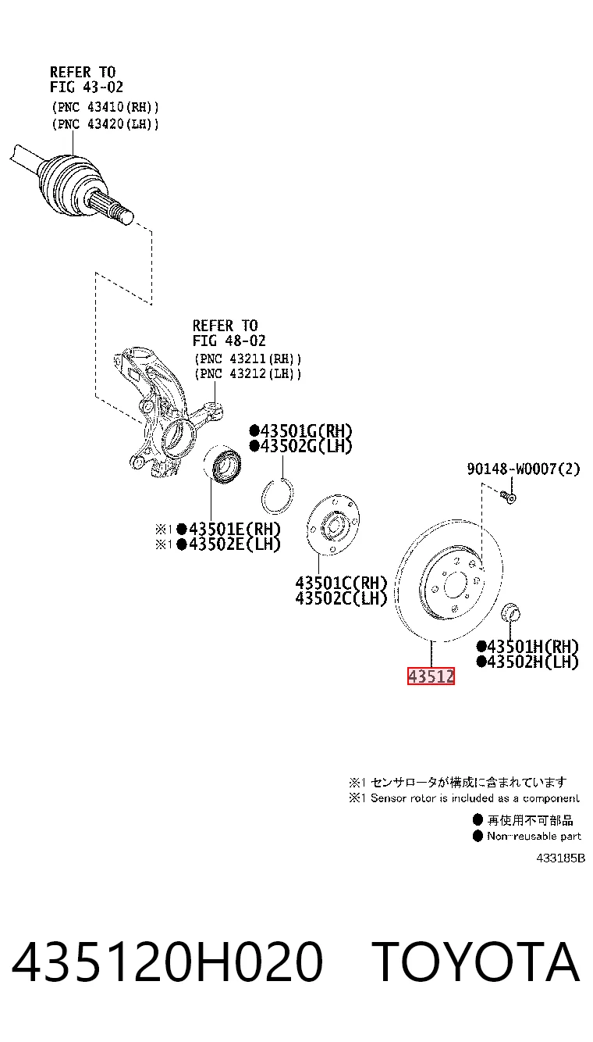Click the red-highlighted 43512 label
pos(431,676)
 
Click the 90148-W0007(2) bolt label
pos(524,469)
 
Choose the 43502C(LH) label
pos(341,598)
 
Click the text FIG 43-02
pos(87,87)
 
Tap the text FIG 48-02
pos(229,341)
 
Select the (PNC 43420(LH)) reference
pos(105,124)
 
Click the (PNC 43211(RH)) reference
pos(248,359)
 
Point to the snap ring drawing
pos(277,496)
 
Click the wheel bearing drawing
pos(222,462)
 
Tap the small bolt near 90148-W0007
pos(509,498)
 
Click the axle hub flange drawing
pos(333,525)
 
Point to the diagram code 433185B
pos(560,858)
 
